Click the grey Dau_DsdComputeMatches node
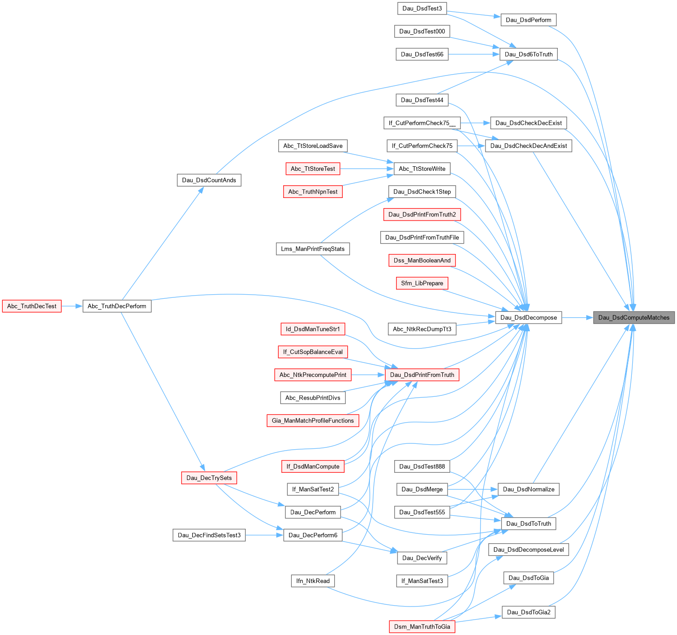[634, 317]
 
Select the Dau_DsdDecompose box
[528, 317]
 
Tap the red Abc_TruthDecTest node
[32, 306]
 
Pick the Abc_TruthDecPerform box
[117, 306]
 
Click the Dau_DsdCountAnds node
[209, 180]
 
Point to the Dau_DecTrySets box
[209, 478]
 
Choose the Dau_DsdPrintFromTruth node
[422, 375]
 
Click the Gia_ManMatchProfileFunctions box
[313, 420]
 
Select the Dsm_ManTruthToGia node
[422, 626]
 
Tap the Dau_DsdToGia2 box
[528, 612]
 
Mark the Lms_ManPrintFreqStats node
[313, 249]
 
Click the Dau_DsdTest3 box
[422, 8]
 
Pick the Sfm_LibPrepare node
[422, 283]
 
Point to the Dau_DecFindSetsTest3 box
[209, 535]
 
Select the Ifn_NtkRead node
[313, 581]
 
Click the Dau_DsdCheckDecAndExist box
[528, 146]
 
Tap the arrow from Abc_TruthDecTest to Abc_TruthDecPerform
[72, 306]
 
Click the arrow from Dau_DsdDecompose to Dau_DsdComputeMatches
[578, 317]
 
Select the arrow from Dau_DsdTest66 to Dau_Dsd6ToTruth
[474, 54]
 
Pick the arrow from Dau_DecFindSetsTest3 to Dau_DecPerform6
[264, 535]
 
